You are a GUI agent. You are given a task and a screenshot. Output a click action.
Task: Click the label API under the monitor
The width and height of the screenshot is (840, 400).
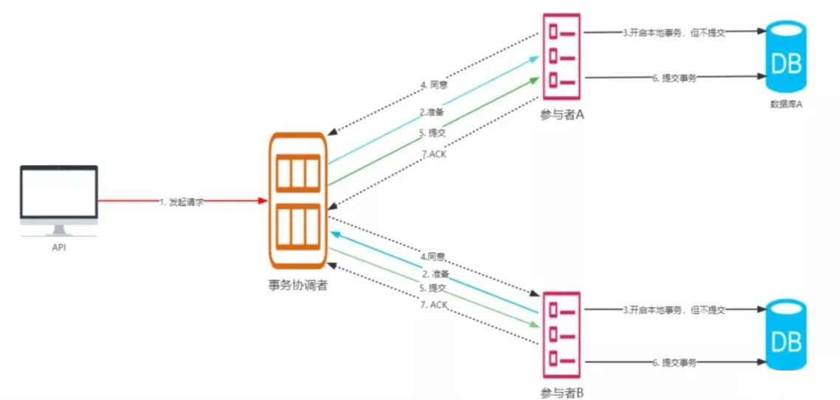(59, 247)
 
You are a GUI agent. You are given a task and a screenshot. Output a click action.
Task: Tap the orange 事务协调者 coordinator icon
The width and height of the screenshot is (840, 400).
(298, 199)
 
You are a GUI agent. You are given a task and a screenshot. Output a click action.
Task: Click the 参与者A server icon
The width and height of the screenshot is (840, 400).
(562, 56)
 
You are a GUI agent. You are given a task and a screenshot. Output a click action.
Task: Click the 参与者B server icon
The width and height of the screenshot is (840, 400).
(562, 332)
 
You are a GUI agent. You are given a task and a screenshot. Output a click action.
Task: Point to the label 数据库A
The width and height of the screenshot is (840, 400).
(785, 104)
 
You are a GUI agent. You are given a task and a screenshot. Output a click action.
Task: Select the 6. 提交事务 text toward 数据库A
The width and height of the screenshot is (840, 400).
(675, 78)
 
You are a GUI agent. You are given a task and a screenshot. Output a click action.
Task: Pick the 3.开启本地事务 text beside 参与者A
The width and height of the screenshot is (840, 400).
(673, 33)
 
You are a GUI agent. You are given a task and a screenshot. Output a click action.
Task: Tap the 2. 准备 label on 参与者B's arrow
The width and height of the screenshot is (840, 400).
(436, 274)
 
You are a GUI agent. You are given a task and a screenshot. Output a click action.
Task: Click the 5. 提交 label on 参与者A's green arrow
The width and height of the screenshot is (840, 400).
(432, 133)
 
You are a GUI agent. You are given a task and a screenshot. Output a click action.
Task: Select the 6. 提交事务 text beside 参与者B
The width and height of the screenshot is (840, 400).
(675, 363)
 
